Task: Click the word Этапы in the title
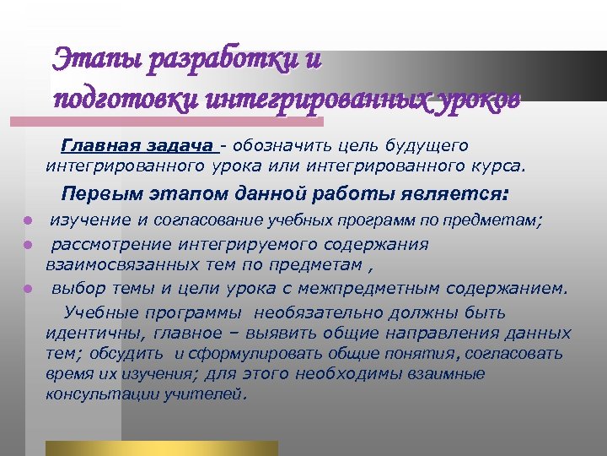[x=92, y=60]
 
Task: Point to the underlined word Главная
[x=94, y=146]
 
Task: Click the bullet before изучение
[x=27, y=221]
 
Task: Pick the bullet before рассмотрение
[x=27, y=245]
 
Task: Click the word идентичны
[x=89, y=333]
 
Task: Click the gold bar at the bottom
[x=161, y=448]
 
